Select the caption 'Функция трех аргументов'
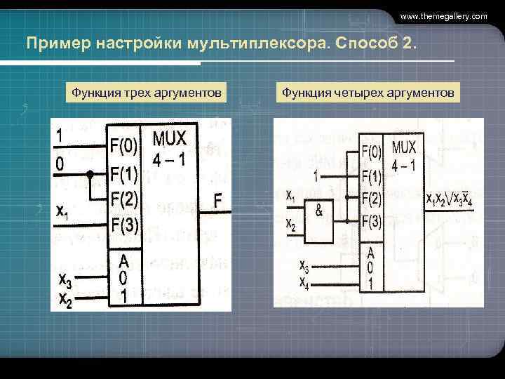point(146,92)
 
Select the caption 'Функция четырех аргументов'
point(368,92)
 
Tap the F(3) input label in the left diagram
point(123,225)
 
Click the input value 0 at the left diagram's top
point(61,164)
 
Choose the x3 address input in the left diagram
point(64,281)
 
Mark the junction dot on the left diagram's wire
point(90,173)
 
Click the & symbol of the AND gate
point(320,209)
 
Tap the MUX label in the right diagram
point(404,148)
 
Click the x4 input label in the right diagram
point(304,283)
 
